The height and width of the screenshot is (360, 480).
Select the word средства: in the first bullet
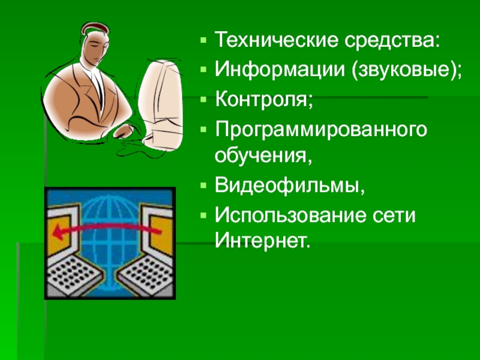[392, 40]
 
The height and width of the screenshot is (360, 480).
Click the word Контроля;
[264, 99]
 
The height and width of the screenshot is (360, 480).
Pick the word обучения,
[263, 155]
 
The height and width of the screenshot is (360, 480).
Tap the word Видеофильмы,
[290, 185]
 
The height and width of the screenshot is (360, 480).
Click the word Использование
[290, 215]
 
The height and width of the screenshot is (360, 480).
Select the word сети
[394, 215]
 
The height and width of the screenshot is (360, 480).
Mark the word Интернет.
[262, 241]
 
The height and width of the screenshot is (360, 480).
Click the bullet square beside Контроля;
[203, 100]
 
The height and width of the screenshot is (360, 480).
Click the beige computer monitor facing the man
[160, 104]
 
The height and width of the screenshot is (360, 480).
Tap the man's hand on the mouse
[123, 131]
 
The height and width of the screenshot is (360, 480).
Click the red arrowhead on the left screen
[58, 232]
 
